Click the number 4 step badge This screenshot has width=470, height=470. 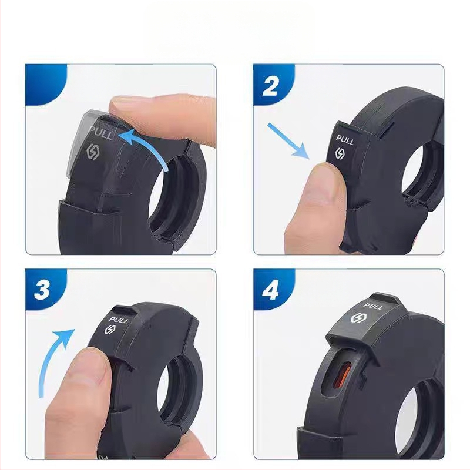click(x=270, y=290)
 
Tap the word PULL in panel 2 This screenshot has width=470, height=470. click(x=345, y=140)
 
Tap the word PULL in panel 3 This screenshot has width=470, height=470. click(x=119, y=320)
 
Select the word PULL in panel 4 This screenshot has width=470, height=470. click(x=374, y=307)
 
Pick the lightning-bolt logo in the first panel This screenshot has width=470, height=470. click(x=93, y=149)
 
